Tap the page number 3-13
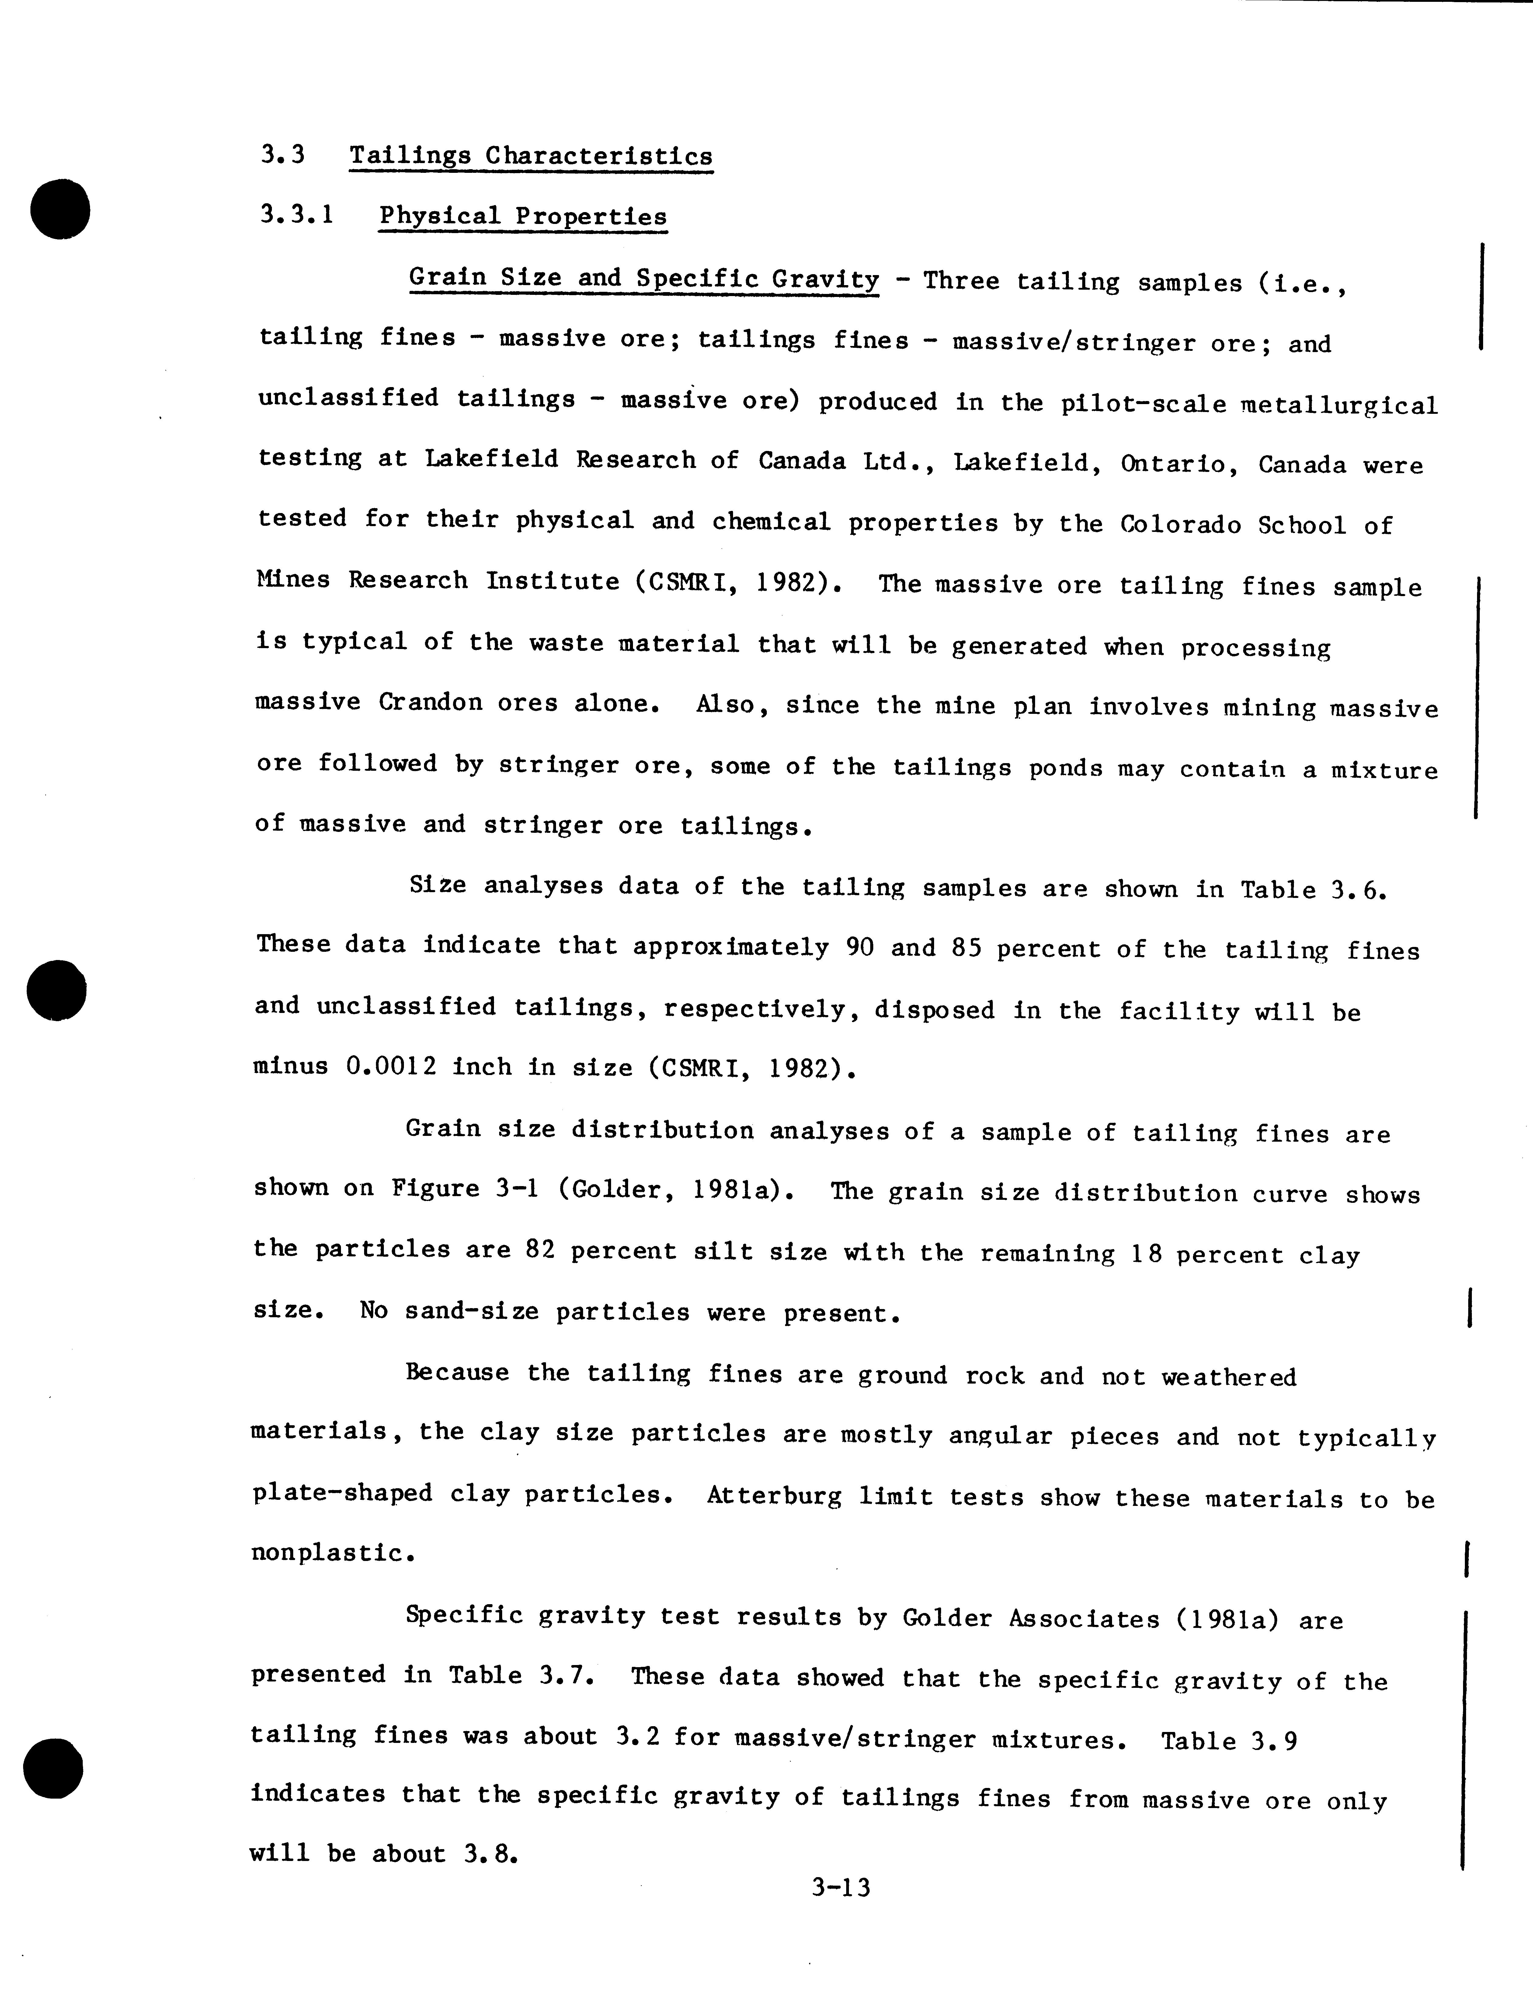point(841,1887)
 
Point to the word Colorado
point(1180,524)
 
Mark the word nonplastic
point(333,1553)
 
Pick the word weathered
point(1228,1377)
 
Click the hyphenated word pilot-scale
point(1143,403)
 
